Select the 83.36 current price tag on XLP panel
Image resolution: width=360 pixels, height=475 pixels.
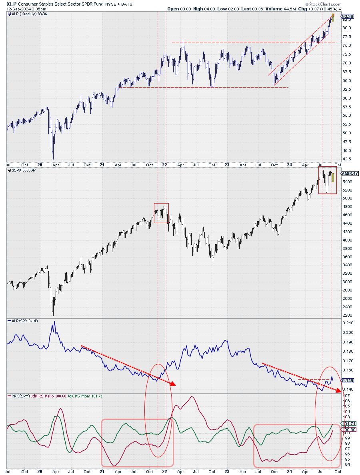[347, 16]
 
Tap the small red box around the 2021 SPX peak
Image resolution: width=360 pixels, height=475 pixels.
[161, 213]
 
